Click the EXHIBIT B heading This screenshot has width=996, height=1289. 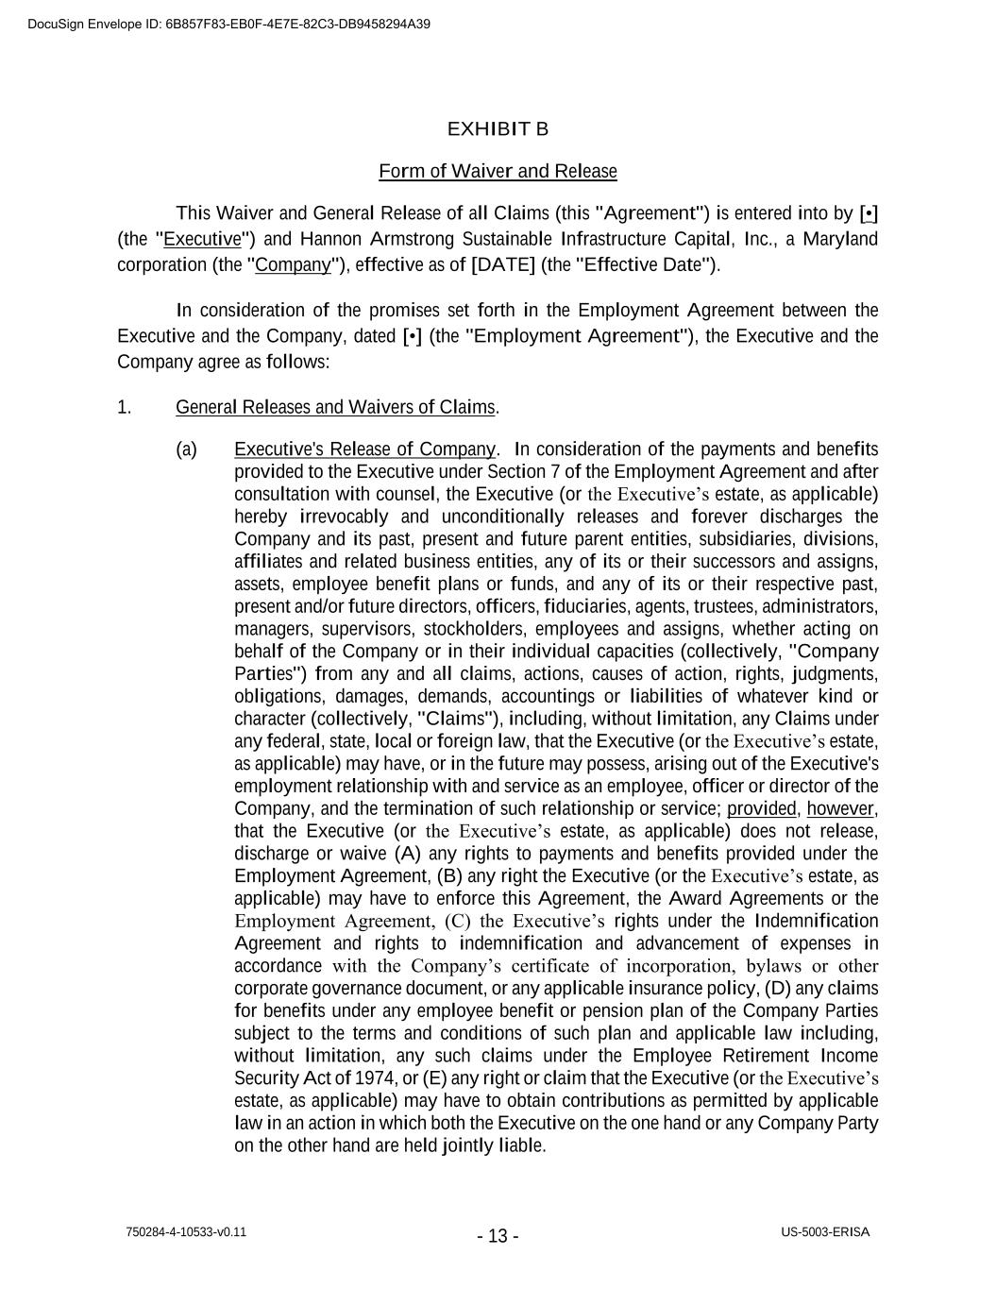(498, 128)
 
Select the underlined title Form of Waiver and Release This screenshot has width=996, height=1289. (498, 171)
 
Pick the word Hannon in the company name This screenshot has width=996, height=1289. (329, 238)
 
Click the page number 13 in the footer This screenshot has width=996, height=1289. (498, 1236)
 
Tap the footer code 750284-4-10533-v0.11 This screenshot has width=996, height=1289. (186, 1232)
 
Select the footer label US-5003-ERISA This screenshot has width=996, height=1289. (825, 1232)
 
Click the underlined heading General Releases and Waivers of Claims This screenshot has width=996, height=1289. (335, 407)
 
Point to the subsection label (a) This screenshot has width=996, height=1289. (186, 449)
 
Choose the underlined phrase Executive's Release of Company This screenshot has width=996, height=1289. (364, 449)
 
